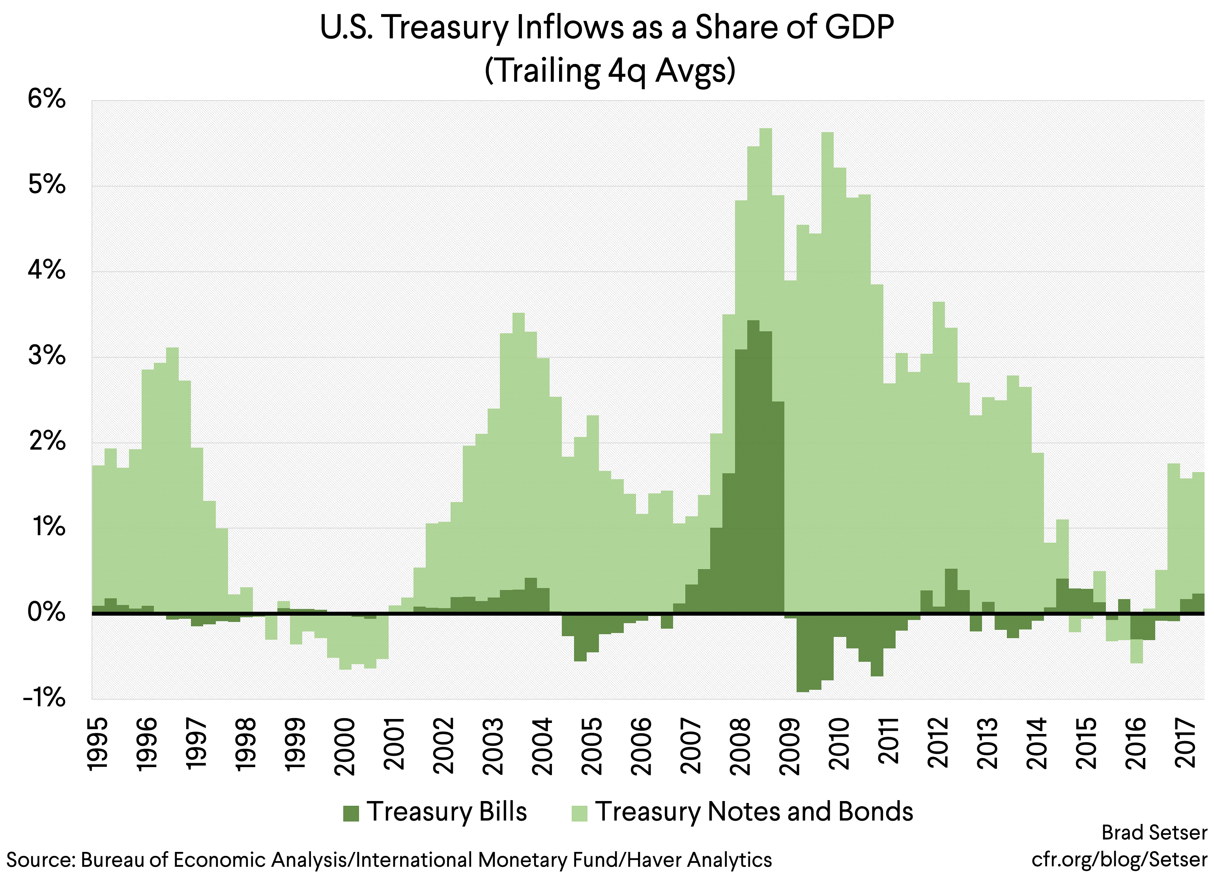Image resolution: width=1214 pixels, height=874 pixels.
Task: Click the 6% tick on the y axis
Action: click(47, 99)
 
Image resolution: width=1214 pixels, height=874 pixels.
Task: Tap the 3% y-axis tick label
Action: click(47, 356)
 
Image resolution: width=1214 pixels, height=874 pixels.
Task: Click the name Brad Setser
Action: click(1154, 833)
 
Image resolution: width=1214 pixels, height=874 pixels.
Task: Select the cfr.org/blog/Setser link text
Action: click(1119, 859)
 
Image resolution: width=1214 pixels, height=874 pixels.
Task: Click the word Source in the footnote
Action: click(40, 859)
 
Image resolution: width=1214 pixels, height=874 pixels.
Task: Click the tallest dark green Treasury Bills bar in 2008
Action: click(753, 466)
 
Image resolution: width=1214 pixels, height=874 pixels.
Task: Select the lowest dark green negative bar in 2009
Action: click(803, 653)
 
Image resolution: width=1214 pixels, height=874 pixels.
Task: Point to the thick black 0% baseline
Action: click(642, 614)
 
